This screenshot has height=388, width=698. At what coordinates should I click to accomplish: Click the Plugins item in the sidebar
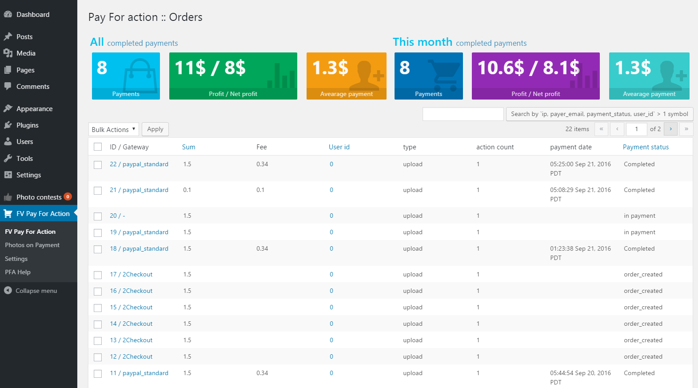pos(28,125)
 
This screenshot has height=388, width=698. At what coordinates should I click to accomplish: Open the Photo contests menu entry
pos(39,197)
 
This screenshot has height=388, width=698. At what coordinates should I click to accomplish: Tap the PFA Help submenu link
pos(18,272)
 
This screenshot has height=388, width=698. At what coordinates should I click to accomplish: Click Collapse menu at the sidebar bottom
pos(36,291)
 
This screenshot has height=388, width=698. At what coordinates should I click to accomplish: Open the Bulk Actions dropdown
pos(113,129)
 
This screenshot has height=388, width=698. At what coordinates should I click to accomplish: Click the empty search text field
pos(463,114)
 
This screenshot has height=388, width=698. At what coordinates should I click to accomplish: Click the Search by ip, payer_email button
pos(599,114)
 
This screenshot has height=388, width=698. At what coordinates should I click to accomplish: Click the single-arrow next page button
pos(670,129)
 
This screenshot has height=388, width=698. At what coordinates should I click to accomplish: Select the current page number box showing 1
pos(636,129)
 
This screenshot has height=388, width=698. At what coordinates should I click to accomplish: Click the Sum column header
pos(188,147)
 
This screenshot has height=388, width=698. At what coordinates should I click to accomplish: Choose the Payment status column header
pos(646,147)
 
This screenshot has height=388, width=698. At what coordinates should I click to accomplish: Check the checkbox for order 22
pos(98,164)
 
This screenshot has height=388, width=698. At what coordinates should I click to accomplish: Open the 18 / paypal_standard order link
pos(139,249)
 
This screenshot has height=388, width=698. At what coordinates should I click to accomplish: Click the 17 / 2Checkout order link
pos(131,274)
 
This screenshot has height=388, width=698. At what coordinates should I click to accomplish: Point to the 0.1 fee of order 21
pos(260,190)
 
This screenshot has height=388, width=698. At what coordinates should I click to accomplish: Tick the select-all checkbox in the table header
pos(98,147)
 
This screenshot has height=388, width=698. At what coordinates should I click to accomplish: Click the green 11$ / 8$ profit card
pos(233,76)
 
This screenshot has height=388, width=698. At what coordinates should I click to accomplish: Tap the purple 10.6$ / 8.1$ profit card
pos(536,76)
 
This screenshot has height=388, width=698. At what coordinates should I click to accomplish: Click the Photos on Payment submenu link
pos(32,245)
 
